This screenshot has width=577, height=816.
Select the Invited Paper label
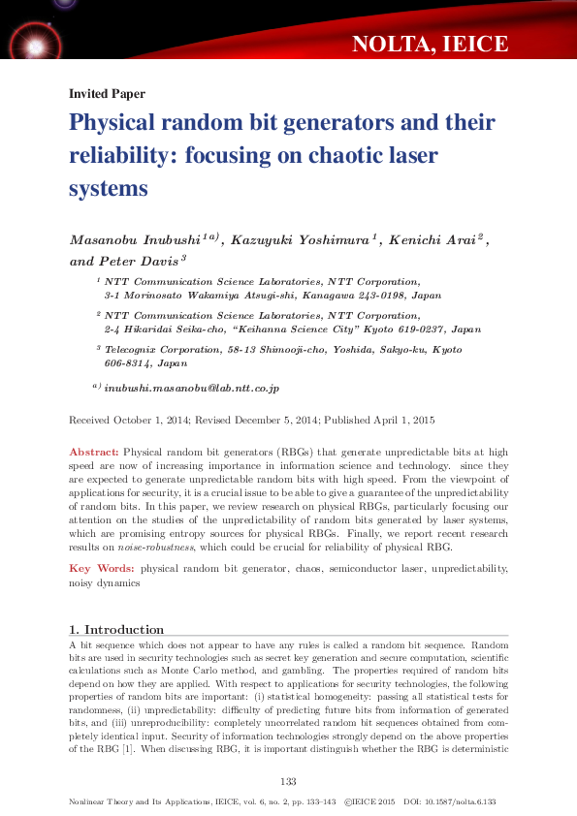(107, 94)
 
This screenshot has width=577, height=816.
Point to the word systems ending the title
(108, 188)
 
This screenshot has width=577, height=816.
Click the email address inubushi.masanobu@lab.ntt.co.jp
(191, 388)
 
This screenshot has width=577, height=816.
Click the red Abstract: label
(94, 453)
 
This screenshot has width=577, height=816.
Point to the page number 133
(287, 782)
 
